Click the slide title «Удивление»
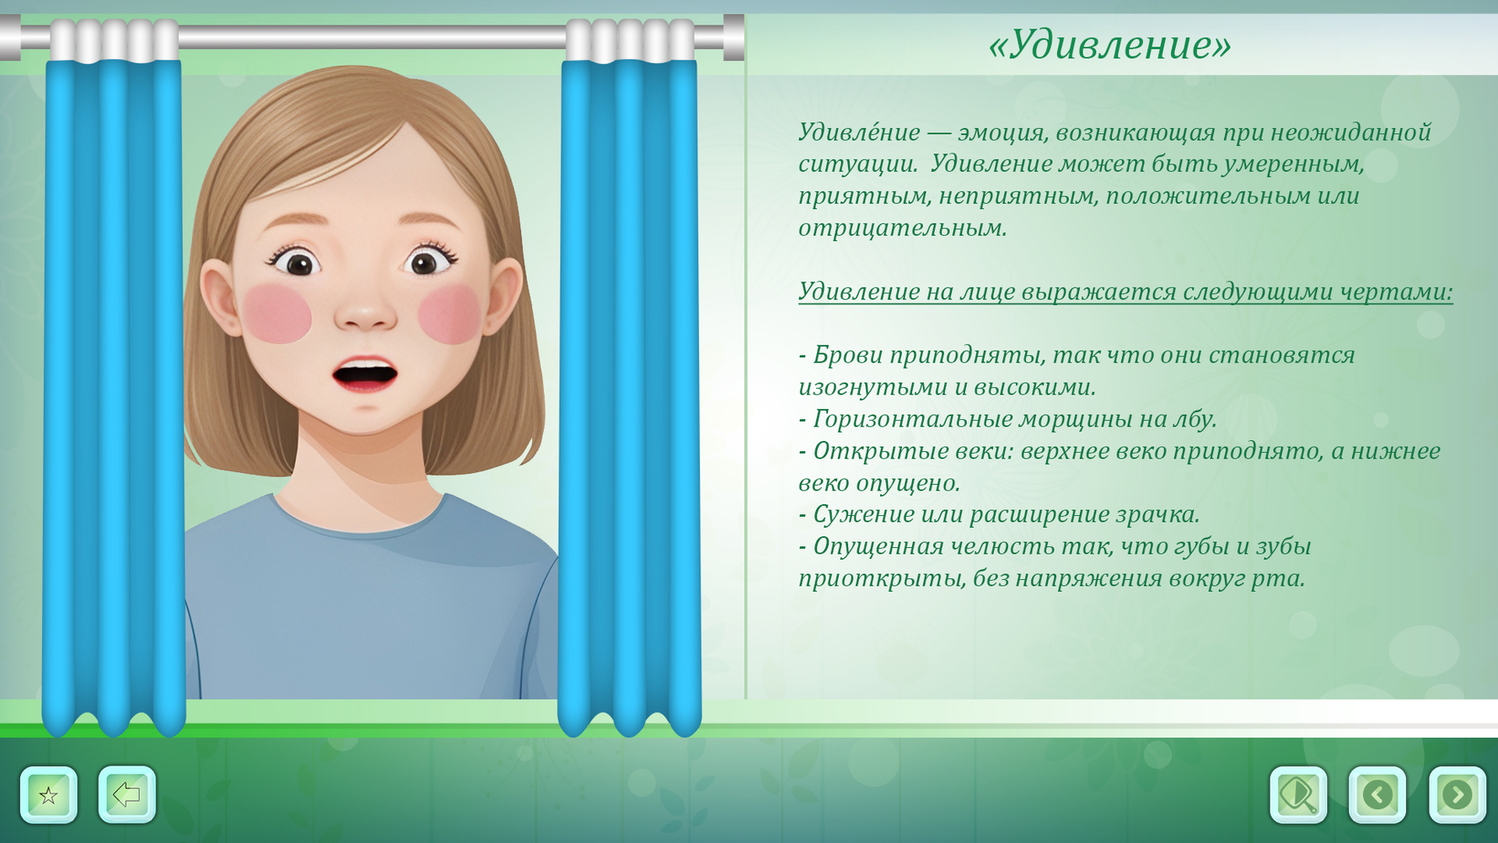click(1109, 45)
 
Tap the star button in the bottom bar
click(49, 794)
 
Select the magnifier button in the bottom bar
click(1298, 794)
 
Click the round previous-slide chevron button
click(1377, 794)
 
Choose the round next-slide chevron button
click(1457, 794)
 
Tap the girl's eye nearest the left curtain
click(297, 262)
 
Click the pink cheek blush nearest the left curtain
click(277, 313)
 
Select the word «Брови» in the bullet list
click(847, 356)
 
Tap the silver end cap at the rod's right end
click(733, 37)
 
